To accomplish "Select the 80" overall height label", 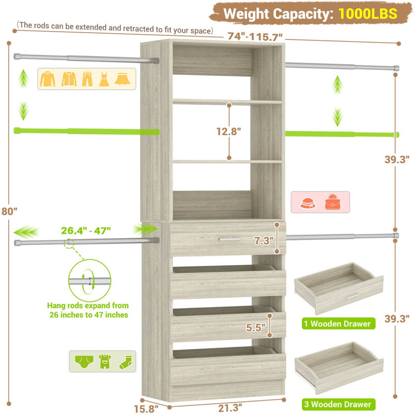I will (9, 211).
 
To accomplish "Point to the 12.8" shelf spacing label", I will (229, 131).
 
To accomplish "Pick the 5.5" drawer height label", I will (256, 327).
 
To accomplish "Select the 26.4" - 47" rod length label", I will (88, 230).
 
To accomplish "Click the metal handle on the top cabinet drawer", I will (230, 239).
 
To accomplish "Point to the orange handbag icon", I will (333, 202).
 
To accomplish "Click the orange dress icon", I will (104, 79).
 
